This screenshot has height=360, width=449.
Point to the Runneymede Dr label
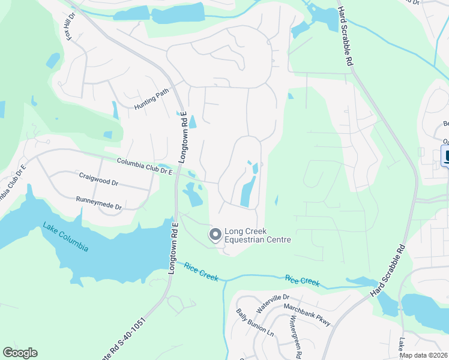coord(98,203)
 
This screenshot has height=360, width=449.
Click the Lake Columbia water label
coord(65,238)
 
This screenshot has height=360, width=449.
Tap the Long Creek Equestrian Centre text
coord(258,235)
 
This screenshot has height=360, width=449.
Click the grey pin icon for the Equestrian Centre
coord(215,235)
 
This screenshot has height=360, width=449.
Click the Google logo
coord(20,353)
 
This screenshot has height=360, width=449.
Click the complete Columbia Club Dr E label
coord(145,166)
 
